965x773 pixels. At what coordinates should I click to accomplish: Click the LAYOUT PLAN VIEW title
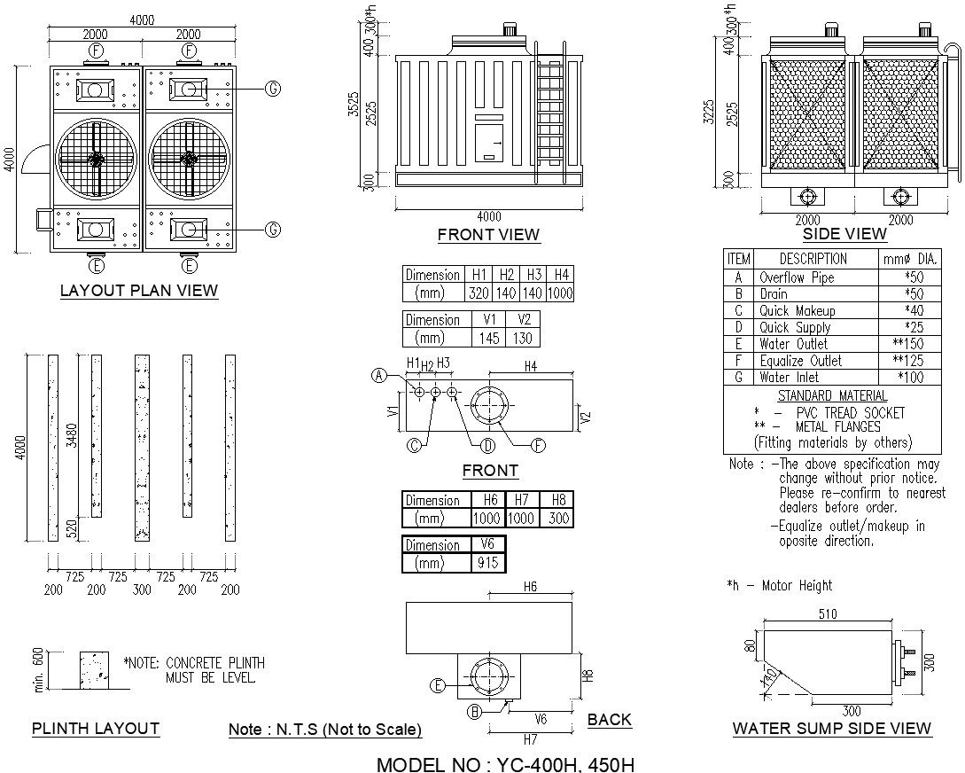[138, 290]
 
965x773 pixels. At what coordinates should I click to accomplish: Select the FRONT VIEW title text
[488, 235]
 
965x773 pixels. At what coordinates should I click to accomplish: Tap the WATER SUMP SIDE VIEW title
[831, 729]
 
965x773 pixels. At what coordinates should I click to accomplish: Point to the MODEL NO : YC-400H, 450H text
[505, 763]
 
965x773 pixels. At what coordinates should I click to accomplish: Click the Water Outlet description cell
[793, 344]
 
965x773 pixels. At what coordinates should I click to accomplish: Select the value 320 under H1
[479, 293]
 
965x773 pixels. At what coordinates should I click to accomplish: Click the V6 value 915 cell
[487, 563]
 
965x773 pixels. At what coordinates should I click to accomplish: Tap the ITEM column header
[738, 259]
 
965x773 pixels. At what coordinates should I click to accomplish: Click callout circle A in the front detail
[378, 375]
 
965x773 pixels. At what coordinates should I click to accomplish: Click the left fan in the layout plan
[96, 160]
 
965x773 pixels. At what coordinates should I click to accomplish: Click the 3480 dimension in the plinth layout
[73, 434]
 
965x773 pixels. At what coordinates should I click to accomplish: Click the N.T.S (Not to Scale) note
[324, 730]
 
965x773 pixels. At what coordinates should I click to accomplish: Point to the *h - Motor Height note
[779, 585]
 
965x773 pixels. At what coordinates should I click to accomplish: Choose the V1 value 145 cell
[488, 339]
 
